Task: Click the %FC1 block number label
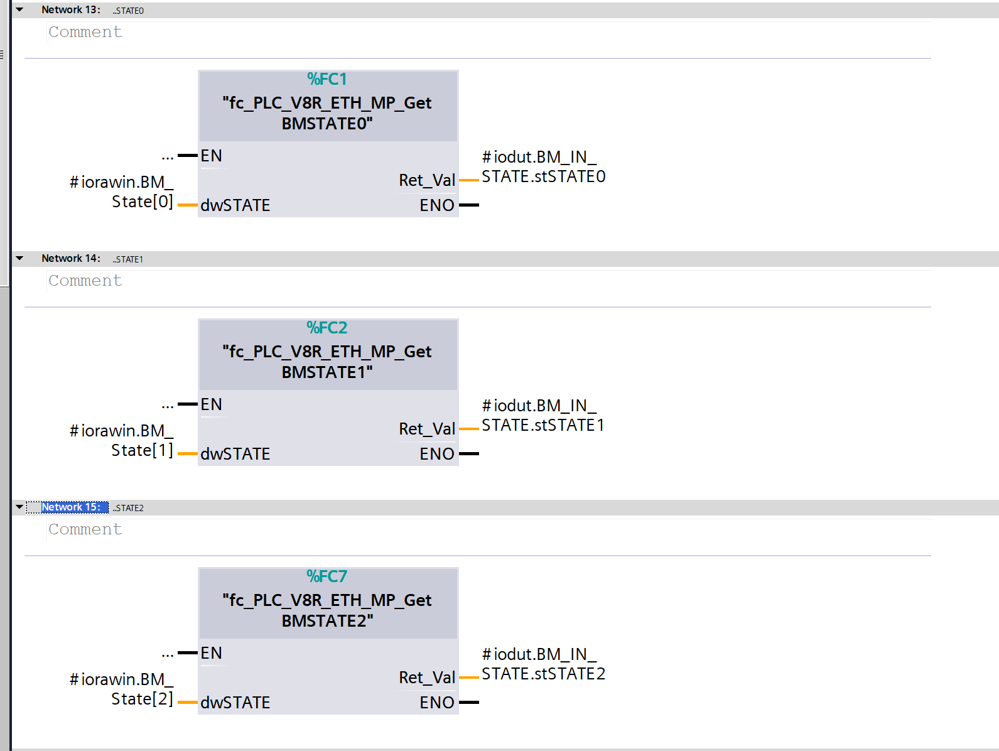[x=327, y=79]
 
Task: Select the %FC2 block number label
[x=327, y=328]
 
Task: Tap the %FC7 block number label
[x=327, y=576]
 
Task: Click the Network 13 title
[x=70, y=10]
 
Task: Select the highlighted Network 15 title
[x=70, y=507]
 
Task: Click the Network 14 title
[x=70, y=259]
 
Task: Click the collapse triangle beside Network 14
[x=19, y=258]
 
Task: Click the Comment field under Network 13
[x=85, y=32]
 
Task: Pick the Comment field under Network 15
[x=85, y=529]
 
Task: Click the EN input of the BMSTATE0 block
[x=212, y=156]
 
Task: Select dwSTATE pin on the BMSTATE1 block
[x=235, y=454]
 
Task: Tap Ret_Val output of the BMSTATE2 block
[x=427, y=678]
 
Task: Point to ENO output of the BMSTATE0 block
[x=437, y=205]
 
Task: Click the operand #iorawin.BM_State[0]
[x=122, y=192]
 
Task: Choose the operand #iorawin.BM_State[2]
[x=122, y=689]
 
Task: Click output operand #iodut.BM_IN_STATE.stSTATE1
[x=543, y=415]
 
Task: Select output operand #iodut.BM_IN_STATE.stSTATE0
[x=543, y=166]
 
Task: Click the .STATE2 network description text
[x=129, y=508]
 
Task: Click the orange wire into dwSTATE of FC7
[x=188, y=703]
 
